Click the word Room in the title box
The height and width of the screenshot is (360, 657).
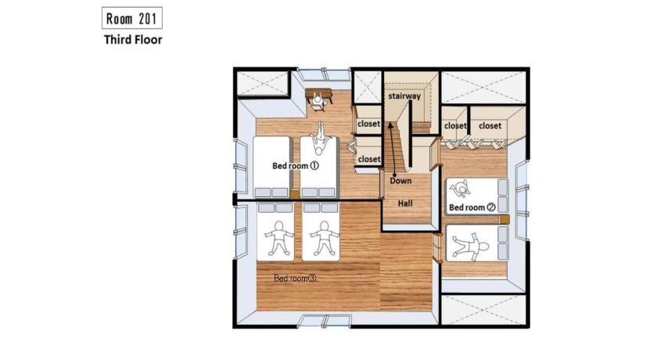pyautogui.click(x=119, y=19)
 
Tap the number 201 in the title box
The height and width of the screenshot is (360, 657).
pyautogui.click(x=147, y=19)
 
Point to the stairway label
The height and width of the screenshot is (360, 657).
pyautogui.click(x=404, y=96)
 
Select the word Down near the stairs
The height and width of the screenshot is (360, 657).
pyautogui.click(x=400, y=181)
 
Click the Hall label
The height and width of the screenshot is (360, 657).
pyautogui.click(x=405, y=203)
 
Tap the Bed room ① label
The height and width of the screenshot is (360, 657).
pyautogui.click(x=296, y=166)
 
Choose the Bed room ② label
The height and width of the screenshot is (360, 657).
pyautogui.click(x=472, y=207)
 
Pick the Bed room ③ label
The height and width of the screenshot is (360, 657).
pyautogui.click(x=296, y=278)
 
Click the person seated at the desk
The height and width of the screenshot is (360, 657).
pyautogui.click(x=318, y=101)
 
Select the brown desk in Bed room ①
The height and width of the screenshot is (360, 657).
pyautogui.click(x=318, y=95)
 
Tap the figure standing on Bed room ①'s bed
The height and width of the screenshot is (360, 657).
pyautogui.click(x=321, y=139)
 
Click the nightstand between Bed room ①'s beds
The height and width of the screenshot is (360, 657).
pyautogui.click(x=295, y=194)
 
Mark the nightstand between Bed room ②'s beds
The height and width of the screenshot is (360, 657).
pyautogui.click(x=504, y=219)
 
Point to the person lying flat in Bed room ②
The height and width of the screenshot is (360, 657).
pyautogui.click(x=471, y=244)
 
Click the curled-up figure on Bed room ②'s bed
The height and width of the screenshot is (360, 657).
pyautogui.click(x=460, y=189)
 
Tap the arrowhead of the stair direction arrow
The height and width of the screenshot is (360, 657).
pyautogui.click(x=390, y=124)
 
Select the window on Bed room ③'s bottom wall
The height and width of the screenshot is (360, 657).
pyautogui.click(x=324, y=321)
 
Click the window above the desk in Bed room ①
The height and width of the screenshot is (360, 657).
pyautogui.click(x=324, y=74)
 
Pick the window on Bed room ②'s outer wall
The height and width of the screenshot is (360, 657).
pyautogui.click(x=522, y=201)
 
